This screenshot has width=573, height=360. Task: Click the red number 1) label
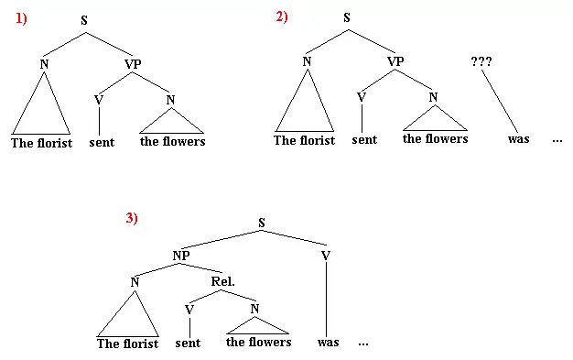pyautogui.click(x=21, y=18)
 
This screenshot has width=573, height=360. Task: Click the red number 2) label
pyautogui.click(x=282, y=16)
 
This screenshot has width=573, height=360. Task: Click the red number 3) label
pyautogui.click(x=132, y=218)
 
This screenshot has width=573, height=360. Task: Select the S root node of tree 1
pyautogui.click(x=84, y=20)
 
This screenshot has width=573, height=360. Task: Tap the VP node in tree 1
pyautogui.click(x=133, y=64)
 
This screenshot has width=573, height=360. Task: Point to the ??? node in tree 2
pyautogui.click(x=481, y=61)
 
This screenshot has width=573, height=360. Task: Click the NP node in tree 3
pyautogui.click(x=181, y=256)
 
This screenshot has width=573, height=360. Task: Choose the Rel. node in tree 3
pyautogui.click(x=223, y=281)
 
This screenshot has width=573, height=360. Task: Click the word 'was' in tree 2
pyautogui.click(x=519, y=139)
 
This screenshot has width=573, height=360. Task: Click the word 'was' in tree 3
pyautogui.click(x=329, y=343)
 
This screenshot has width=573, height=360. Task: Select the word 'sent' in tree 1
pyautogui.click(x=102, y=142)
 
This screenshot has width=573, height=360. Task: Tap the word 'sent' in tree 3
pyautogui.click(x=188, y=343)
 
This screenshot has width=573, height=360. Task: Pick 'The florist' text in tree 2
pyautogui.click(x=305, y=140)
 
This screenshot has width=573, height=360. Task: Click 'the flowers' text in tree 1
pyautogui.click(x=172, y=141)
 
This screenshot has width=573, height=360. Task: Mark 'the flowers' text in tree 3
pyautogui.click(x=259, y=342)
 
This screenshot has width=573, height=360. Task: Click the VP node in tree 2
pyautogui.click(x=395, y=61)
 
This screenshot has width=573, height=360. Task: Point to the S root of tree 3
pyautogui.click(x=261, y=223)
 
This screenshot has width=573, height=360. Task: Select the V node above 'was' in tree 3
pyautogui.click(x=326, y=256)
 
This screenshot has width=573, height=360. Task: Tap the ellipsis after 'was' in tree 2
pyautogui.click(x=557, y=140)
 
